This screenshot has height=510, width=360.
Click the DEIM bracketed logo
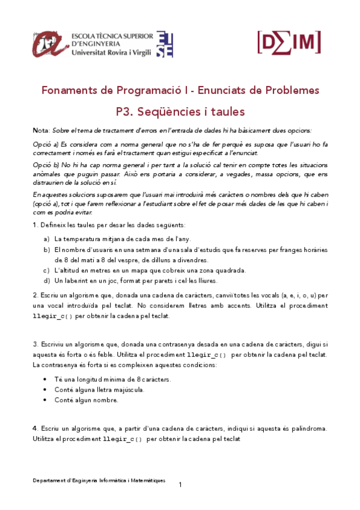(288, 41)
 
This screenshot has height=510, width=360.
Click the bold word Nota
(41, 131)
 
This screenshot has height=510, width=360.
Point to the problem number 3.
(35, 345)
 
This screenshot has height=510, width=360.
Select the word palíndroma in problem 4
(305, 428)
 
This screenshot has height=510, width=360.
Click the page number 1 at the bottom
(180, 484)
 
